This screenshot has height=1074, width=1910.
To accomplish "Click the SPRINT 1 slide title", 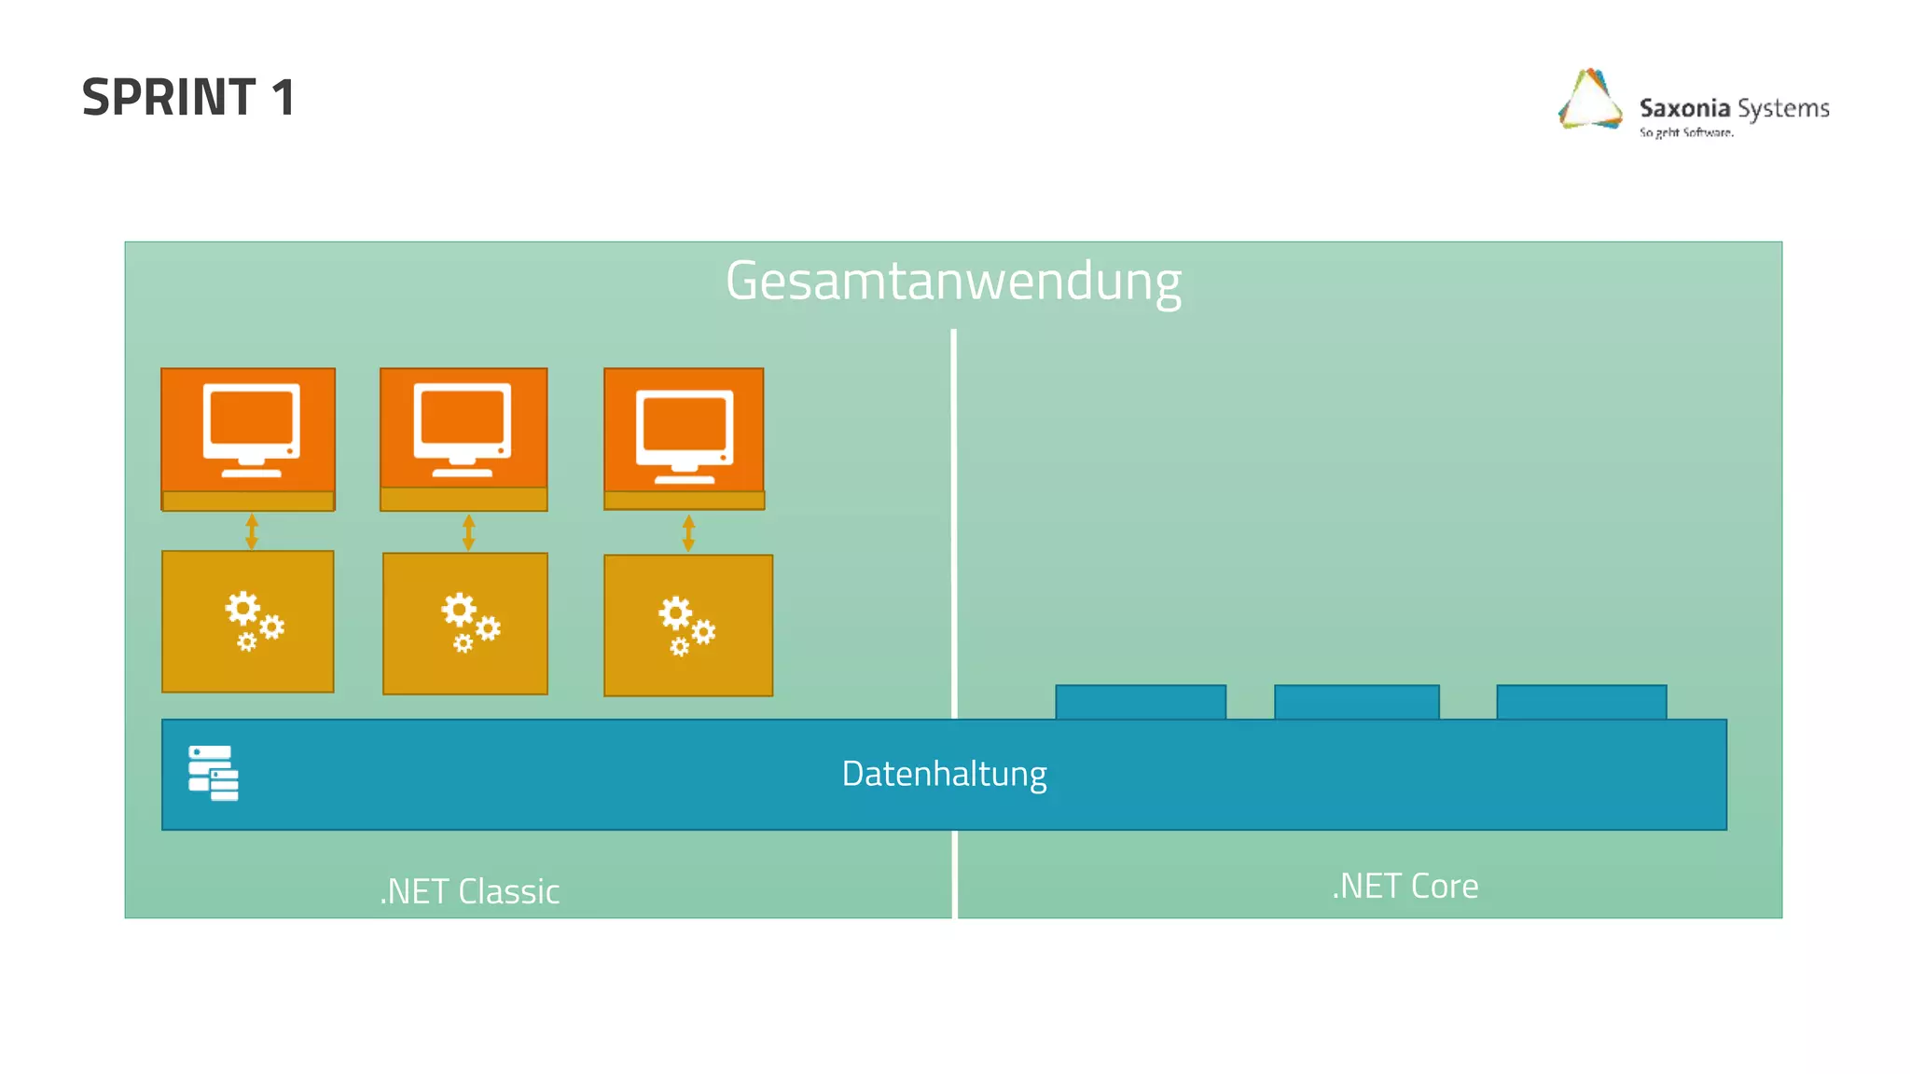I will pos(188,97).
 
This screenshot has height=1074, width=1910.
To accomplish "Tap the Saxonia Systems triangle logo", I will pos(1590,100).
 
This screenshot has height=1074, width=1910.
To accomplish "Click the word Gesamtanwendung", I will pos(953,281).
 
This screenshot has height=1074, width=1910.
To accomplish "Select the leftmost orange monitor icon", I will pos(251,430).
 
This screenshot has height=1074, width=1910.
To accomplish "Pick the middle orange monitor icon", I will pos(463,430).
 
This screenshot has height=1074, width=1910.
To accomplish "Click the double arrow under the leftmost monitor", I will pos(251,531).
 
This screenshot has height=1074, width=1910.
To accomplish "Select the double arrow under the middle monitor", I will pos(468,532).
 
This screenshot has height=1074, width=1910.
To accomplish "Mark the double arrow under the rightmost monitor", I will pos(688,533).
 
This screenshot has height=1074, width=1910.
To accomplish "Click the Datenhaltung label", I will pos(944,774).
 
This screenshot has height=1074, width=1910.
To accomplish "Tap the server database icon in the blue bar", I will pos(214,773).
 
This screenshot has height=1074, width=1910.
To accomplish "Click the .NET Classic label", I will pos(469,891).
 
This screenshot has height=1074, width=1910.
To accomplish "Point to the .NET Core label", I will pos(1405,886).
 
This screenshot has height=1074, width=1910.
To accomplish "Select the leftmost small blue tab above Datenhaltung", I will pos(1141,702).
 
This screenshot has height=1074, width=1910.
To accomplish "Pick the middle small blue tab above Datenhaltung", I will pos(1356,702).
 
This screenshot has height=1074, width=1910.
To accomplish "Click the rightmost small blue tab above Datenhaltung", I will pos(1581,702).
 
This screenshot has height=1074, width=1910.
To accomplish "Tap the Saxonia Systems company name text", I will pos(1734,108).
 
